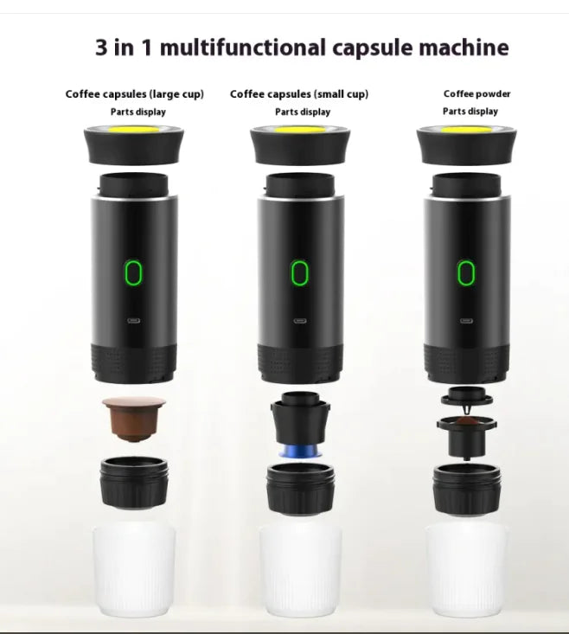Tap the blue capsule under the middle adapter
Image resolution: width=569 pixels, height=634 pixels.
[300, 455]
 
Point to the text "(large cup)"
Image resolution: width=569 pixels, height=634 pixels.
[176, 94]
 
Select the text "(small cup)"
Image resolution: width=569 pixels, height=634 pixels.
[341, 94]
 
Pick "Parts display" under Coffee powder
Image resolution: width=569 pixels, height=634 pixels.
[470, 111]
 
